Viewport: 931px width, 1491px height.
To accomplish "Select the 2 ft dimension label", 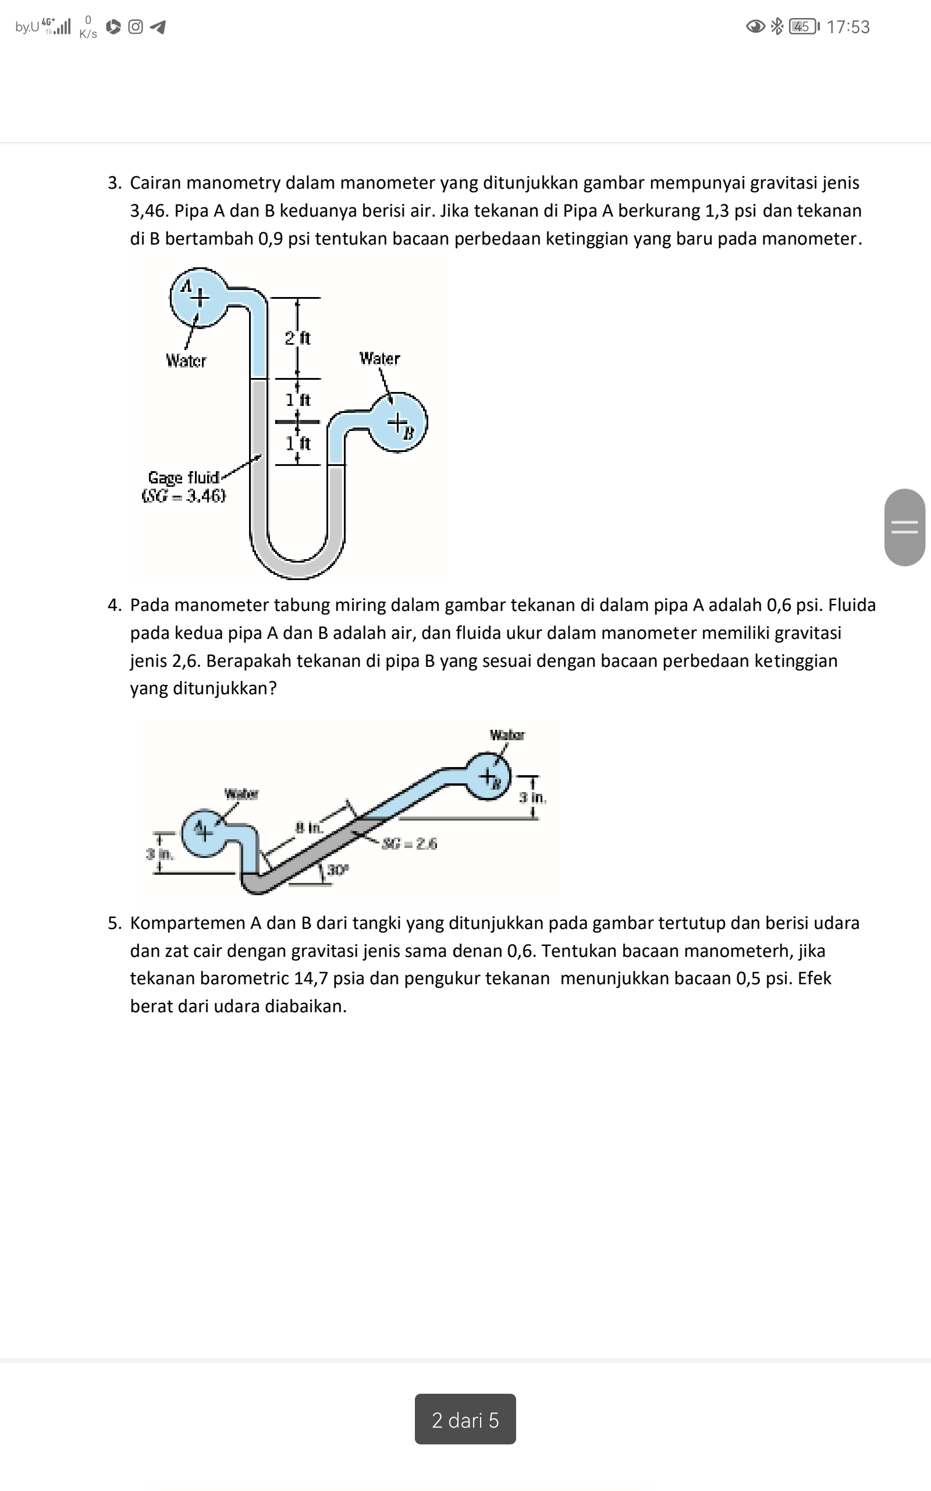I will click(x=297, y=338).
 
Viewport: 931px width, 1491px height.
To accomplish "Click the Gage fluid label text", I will click(x=183, y=478).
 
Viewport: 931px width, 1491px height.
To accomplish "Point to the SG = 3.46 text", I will click(x=183, y=496).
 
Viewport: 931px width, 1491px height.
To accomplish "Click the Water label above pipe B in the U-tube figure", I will click(x=379, y=359).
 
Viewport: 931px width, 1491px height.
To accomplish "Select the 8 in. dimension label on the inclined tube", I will click(x=308, y=828).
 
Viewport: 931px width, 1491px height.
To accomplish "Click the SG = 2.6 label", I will click(x=409, y=843).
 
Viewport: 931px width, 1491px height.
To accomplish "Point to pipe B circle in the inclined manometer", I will click(x=488, y=776).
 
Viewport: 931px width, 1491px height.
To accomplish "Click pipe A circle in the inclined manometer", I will click(x=202, y=833).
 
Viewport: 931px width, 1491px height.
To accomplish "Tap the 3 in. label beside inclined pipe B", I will click(x=532, y=798).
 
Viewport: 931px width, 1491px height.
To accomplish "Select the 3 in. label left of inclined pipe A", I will click(x=159, y=854).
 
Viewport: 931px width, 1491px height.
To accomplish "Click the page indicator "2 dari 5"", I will click(x=465, y=1419).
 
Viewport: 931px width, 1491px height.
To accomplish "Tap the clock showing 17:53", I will click(x=848, y=27).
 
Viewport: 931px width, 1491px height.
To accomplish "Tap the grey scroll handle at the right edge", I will click(x=904, y=528).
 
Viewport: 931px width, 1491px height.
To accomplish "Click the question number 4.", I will click(x=114, y=605).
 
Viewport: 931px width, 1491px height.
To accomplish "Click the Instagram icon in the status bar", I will click(x=136, y=27).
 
